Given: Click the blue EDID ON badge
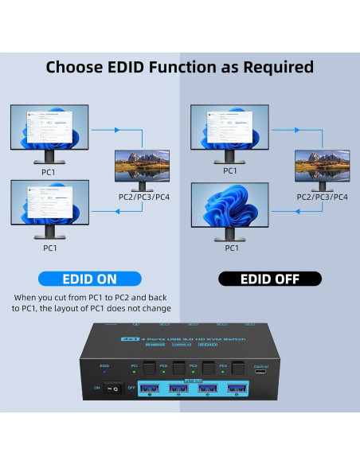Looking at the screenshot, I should [x=89, y=279].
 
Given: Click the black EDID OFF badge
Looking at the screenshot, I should [x=270, y=279].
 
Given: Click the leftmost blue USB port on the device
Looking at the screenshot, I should [x=151, y=389].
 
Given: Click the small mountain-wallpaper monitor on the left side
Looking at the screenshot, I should [x=141, y=166].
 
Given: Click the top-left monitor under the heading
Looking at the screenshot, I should [x=49, y=131].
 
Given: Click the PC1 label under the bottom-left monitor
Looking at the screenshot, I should [x=49, y=248].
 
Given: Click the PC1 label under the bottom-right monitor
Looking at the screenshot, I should [x=232, y=248].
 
